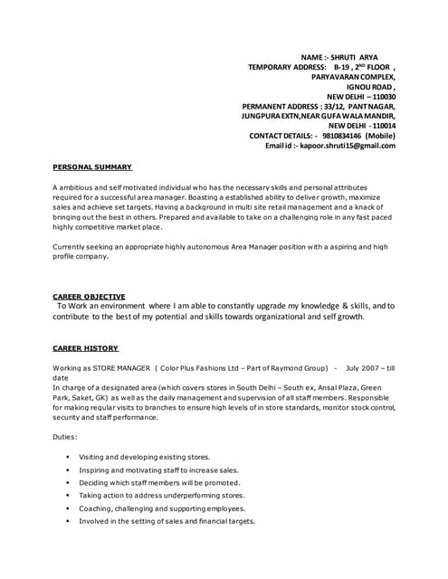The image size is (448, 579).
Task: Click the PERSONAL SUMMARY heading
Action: (93, 167)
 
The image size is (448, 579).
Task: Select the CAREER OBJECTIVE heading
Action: (89, 297)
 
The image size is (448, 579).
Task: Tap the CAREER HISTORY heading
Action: (85, 348)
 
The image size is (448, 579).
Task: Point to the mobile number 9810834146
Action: (339, 136)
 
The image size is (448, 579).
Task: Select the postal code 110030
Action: (378, 97)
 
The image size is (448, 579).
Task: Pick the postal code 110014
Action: (378, 126)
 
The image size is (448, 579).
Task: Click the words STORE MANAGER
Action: (122, 369)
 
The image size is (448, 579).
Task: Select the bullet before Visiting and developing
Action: (69, 458)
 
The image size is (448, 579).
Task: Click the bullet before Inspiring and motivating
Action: (69, 470)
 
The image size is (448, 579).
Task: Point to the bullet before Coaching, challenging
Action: (69, 508)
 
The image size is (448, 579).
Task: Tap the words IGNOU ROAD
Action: (371, 87)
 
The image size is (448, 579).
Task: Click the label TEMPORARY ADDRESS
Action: (286, 67)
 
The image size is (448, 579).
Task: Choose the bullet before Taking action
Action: (69, 496)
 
